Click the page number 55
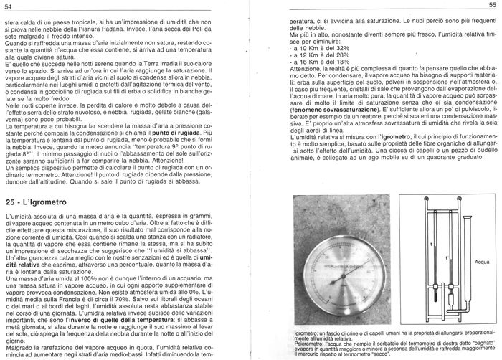coord(493,6)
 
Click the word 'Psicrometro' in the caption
coord(306,344)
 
